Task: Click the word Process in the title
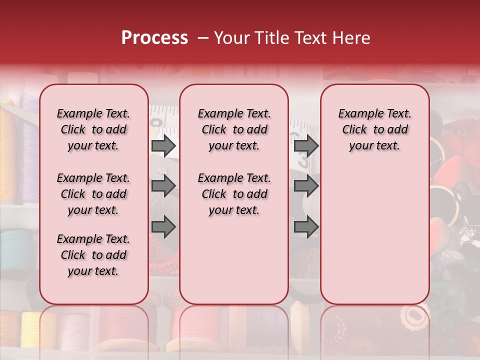click(x=154, y=38)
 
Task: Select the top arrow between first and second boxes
click(x=163, y=146)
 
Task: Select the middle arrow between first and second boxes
click(x=163, y=186)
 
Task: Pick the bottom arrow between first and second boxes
click(x=163, y=227)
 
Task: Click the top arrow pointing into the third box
click(x=306, y=146)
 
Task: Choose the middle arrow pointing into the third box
click(x=306, y=186)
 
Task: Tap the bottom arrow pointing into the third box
click(x=306, y=227)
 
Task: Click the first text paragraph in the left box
click(x=93, y=129)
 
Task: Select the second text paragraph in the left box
click(x=93, y=194)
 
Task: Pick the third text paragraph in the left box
click(x=93, y=255)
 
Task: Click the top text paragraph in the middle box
click(x=234, y=129)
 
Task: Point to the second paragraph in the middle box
click(x=234, y=194)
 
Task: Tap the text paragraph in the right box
click(x=374, y=129)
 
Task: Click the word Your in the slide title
click(x=231, y=38)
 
